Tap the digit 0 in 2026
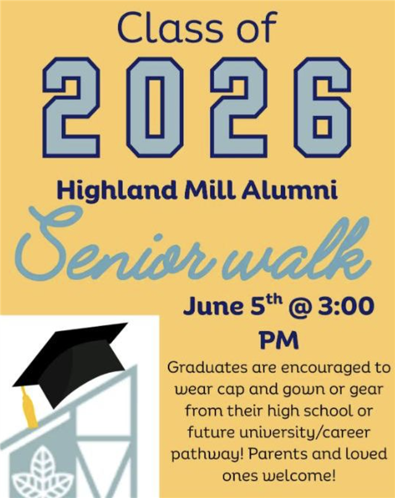click(155, 107)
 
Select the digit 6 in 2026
click(322, 107)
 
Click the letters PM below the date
click(279, 340)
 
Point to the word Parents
click(278, 454)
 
